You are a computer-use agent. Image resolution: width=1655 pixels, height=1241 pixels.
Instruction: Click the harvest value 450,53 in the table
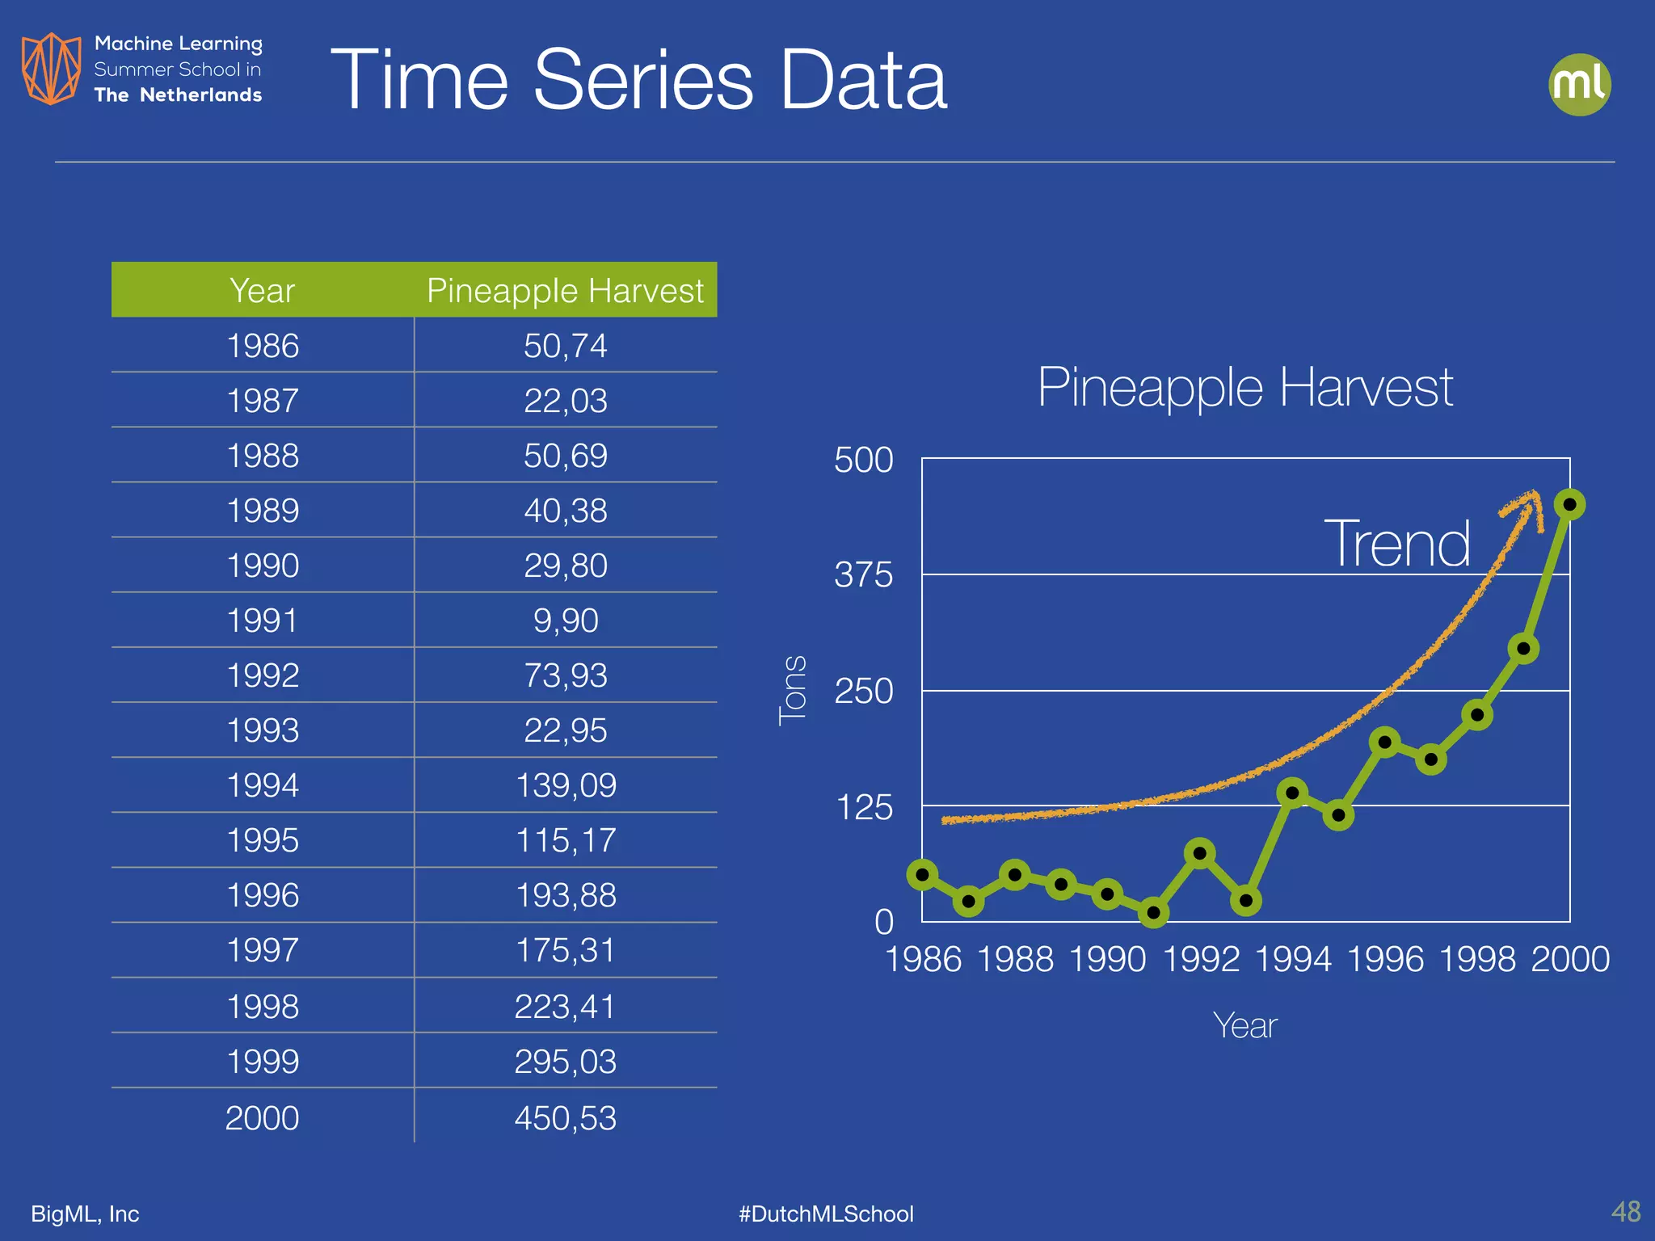click(x=565, y=1118)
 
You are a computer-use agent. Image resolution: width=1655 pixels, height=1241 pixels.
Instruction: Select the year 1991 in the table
click(x=263, y=620)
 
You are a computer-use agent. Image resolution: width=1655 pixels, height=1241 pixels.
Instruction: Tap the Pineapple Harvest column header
click(x=565, y=290)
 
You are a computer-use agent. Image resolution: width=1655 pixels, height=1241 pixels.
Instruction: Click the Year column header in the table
click(x=262, y=290)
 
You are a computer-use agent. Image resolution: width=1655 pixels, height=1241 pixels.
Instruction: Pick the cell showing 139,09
click(x=566, y=785)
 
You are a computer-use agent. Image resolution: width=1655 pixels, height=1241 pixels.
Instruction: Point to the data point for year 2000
click(x=1569, y=505)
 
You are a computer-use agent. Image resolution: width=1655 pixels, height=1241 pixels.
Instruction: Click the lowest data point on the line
click(x=1153, y=913)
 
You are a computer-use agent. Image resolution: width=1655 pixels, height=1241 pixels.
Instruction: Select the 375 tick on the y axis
click(x=863, y=575)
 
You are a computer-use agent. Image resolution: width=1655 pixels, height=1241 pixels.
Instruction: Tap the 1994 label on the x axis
click(x=1292, y=960)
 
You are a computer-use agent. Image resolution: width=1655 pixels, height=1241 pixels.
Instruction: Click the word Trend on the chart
click(x=1396, y=544)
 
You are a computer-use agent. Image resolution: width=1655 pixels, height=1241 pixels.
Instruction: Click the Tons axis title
click(x=793, y=691)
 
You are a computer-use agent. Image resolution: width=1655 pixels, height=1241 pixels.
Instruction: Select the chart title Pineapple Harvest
click(x=1244, y=387)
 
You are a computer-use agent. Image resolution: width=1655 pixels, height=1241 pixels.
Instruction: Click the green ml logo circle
click(x=1579, y=84)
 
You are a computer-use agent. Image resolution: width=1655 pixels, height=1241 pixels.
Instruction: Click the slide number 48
click(x=1625, y=1211)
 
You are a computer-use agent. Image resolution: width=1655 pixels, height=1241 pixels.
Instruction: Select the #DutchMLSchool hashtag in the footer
click(x=826, y=1214)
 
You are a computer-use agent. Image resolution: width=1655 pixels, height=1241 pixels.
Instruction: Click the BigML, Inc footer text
click(x=85, y=1214)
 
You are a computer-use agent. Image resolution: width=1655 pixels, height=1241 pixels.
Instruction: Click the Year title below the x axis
click(x=1244, y=1026)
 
